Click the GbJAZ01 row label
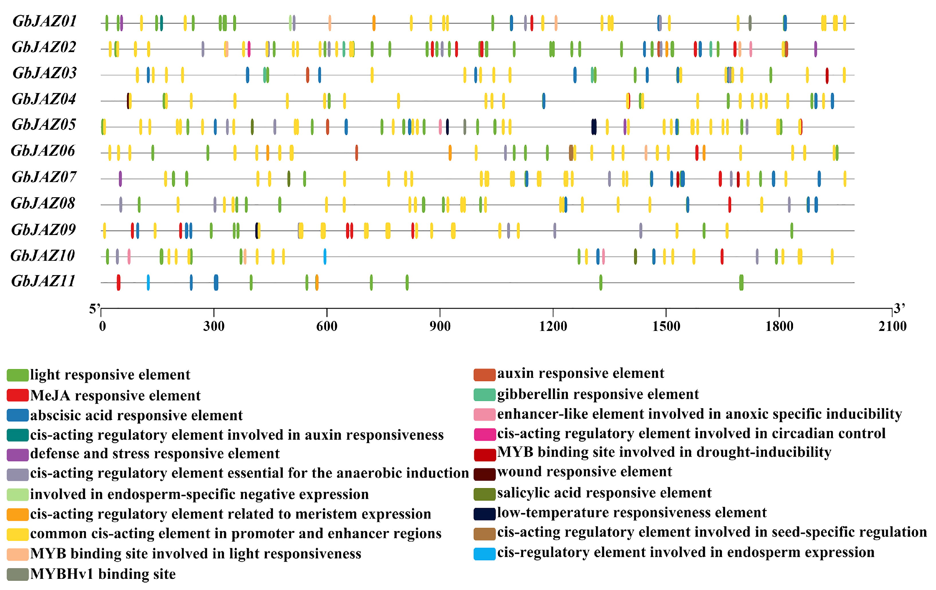click(x=44, y=21)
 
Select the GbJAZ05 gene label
click(x=44, y=125)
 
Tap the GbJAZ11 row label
click(x=43, y=281)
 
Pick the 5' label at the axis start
click(x=95, y=309)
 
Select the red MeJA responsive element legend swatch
click(x=17, y=395)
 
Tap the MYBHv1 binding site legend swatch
click(x=17, y=574)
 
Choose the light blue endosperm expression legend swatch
click(x=484, y=553)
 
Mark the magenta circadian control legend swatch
click(x=484, y=434)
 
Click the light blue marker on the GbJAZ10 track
click(x=325, y=256)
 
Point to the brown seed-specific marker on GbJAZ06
click(x=571, y=153)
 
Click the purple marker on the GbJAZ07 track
click(x=120, y=179)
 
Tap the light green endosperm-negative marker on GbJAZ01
click(x=290, y=23)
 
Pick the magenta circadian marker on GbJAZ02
click(x=249, y=49)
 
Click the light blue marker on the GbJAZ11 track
click(x=148, y=282)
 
